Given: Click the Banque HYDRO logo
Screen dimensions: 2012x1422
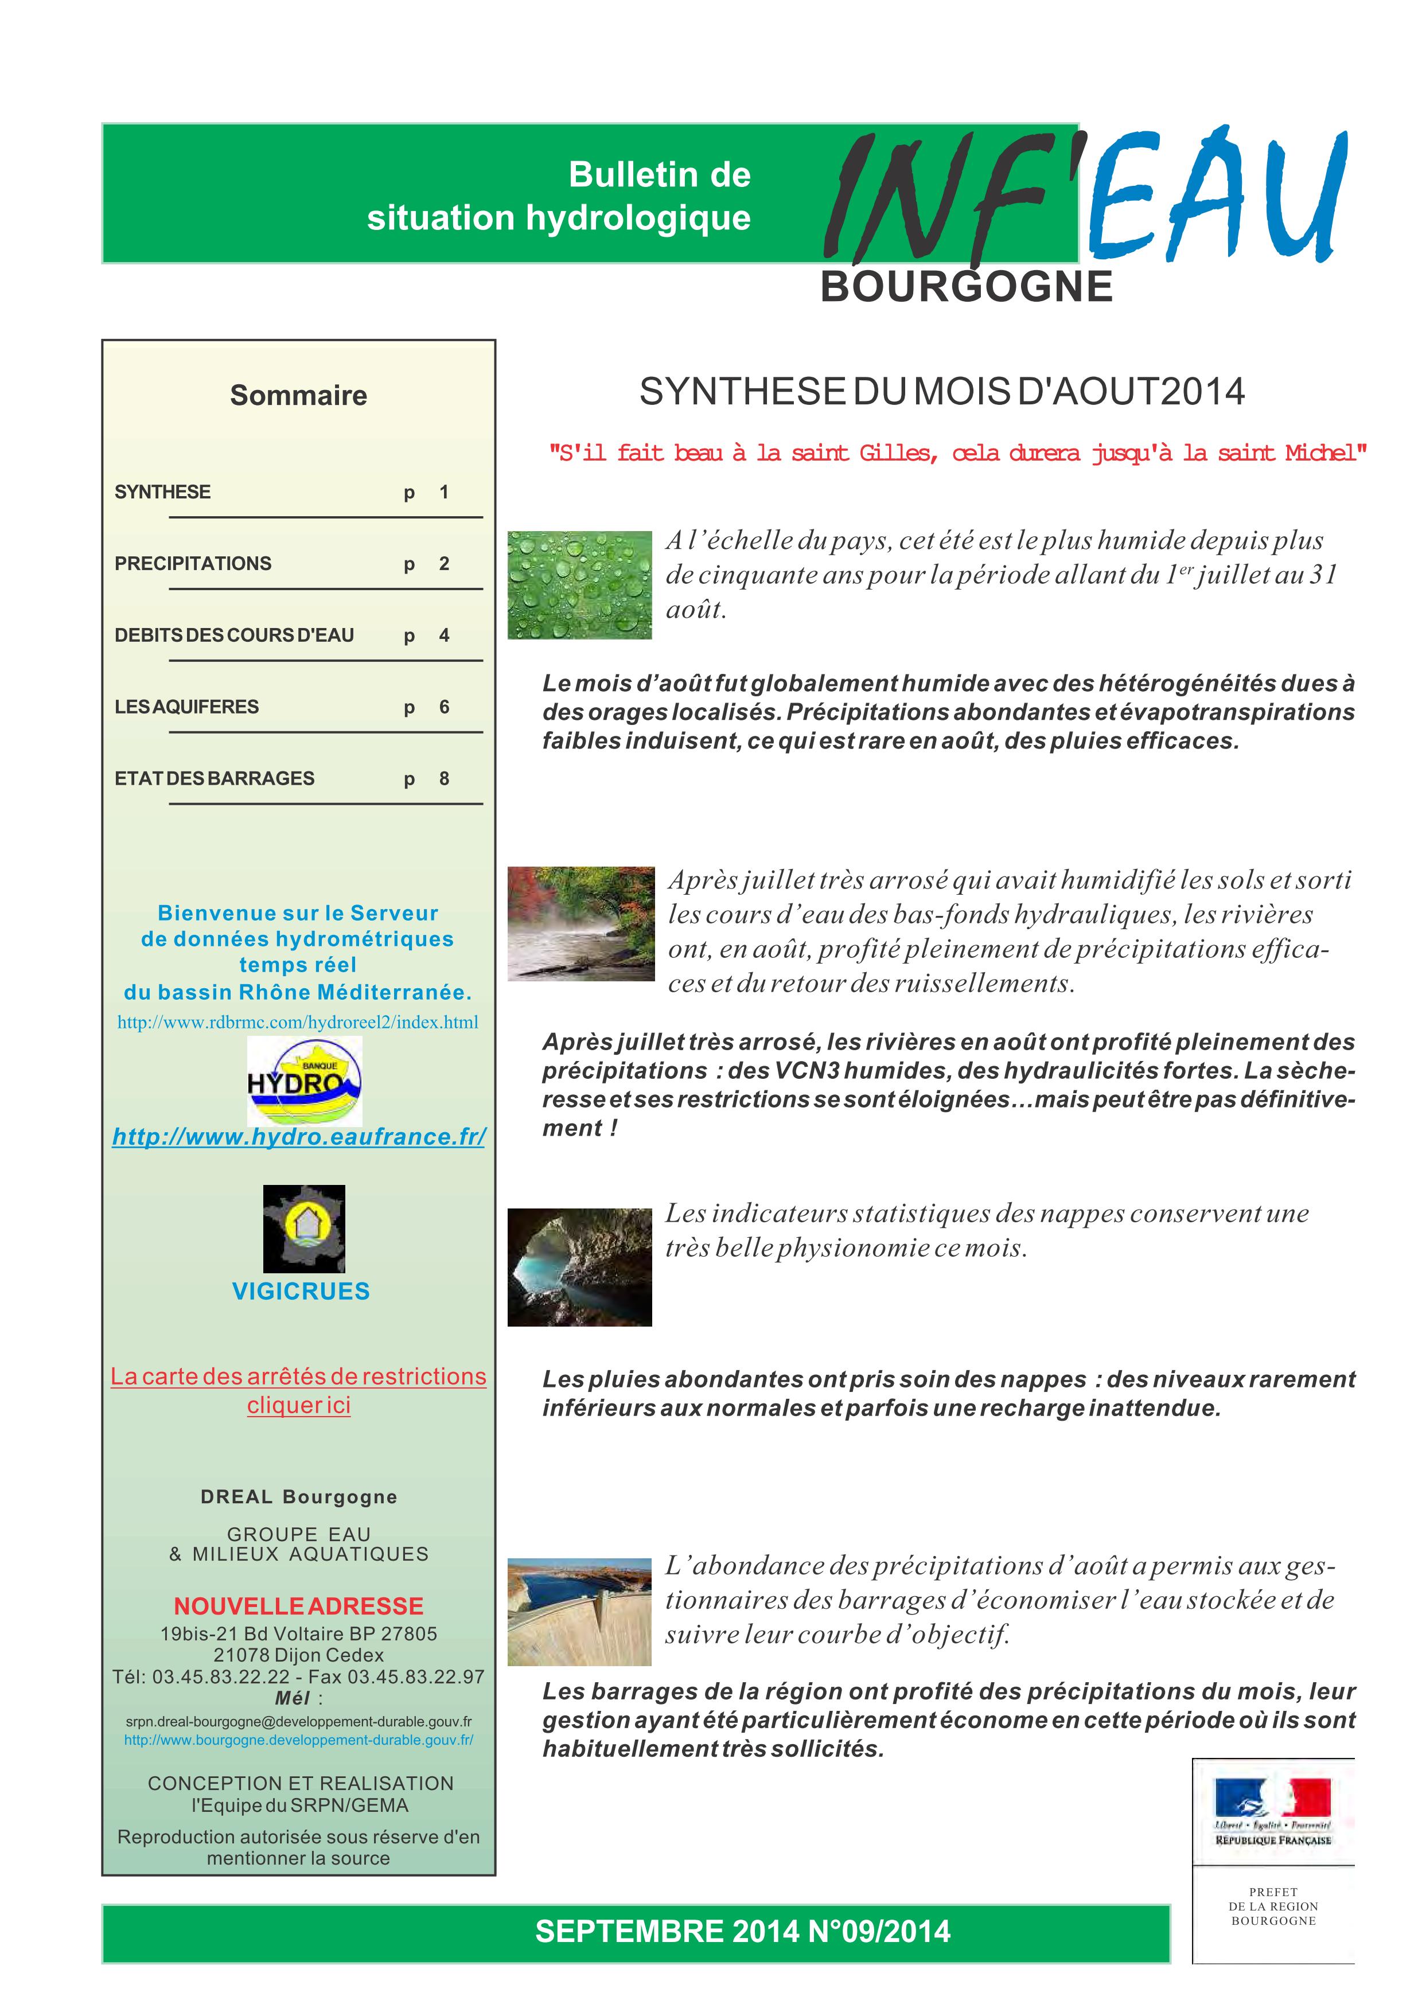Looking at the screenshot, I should (304, 1081).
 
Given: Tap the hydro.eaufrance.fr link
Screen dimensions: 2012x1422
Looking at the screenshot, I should (299, 1137).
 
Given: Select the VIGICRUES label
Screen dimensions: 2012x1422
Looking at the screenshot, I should (301, 1291).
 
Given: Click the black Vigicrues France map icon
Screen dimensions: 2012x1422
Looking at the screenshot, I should (304, 1229).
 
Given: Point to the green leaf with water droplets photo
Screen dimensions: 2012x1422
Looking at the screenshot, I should (579, 584).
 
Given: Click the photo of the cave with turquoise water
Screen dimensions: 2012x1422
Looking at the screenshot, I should (579, 1267).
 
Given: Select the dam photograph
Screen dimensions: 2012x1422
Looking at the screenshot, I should (579, 1612).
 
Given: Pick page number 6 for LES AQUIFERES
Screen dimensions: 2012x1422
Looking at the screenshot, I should (444, 707).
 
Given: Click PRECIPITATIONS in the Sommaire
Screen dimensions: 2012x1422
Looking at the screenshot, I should (193, 563).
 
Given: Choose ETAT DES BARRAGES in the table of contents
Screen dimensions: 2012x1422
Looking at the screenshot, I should (215, 778).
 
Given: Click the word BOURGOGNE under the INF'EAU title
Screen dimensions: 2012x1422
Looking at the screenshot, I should (967, 287).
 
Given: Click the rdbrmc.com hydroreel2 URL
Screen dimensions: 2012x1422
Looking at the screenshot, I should (298, 1022).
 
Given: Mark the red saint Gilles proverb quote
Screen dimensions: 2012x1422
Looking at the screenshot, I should (957, 453).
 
